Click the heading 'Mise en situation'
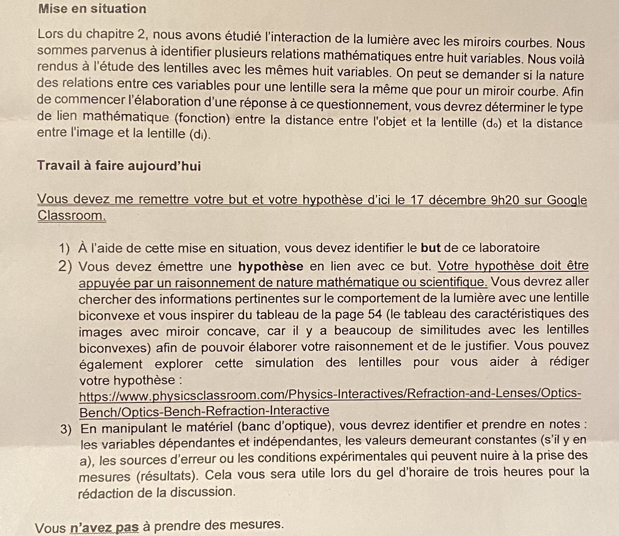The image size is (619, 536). (92, 9)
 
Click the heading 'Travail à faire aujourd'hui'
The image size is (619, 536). (119, 166)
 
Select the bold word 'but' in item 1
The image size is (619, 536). (430, 247)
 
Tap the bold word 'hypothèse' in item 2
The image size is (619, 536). (271, 266)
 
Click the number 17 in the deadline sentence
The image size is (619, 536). (417, 200)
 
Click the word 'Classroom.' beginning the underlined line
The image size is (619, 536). (72, 215)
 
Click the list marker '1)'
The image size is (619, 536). (64, 248)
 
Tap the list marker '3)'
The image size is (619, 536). (66, 429)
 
